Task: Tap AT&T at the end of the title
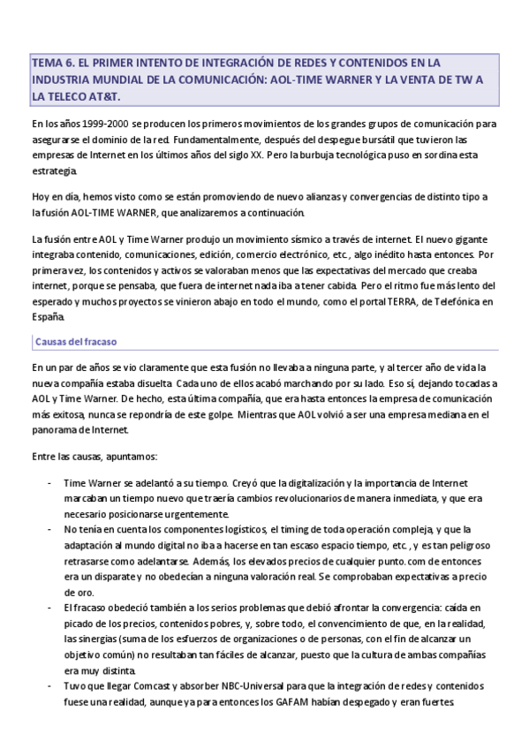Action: (x=102, y=95)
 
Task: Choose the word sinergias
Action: (x=103, y=639)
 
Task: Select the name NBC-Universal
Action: (x=252, y=686)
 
